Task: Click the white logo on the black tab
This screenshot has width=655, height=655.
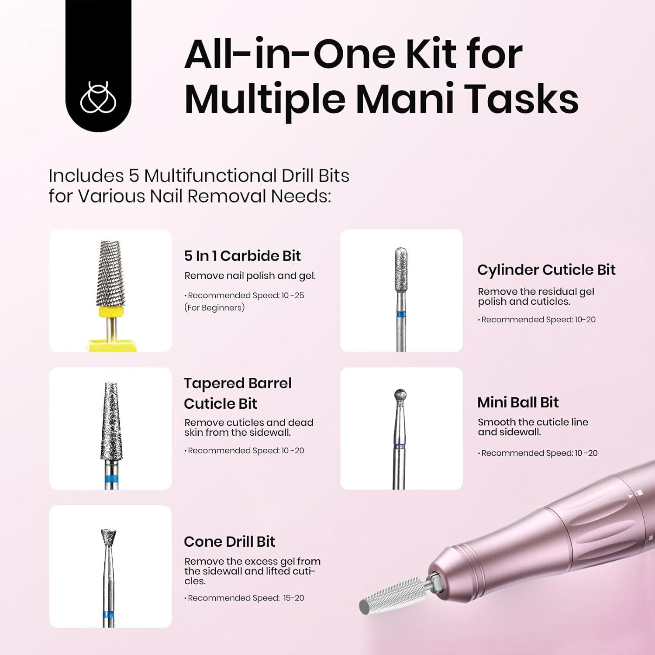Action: click(x=98, y=97)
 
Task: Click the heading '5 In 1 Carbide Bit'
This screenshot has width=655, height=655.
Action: click(x=242, y=256)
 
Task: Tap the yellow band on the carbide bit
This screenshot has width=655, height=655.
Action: click(x=111, y=312)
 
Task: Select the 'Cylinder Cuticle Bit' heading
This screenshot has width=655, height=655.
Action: click(x=546, y=270)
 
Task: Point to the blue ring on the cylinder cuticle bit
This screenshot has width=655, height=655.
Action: click(x=401, y=314)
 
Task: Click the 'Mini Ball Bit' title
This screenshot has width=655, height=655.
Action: click(x=518, y=402)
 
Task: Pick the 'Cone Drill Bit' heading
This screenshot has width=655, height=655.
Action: click(x=229, y=541)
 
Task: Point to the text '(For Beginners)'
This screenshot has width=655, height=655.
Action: click(x=214, y=307)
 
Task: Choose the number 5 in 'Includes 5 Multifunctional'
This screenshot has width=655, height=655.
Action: click(x=133, y=176)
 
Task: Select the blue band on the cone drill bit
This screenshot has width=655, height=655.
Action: click(x=108, y=616)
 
